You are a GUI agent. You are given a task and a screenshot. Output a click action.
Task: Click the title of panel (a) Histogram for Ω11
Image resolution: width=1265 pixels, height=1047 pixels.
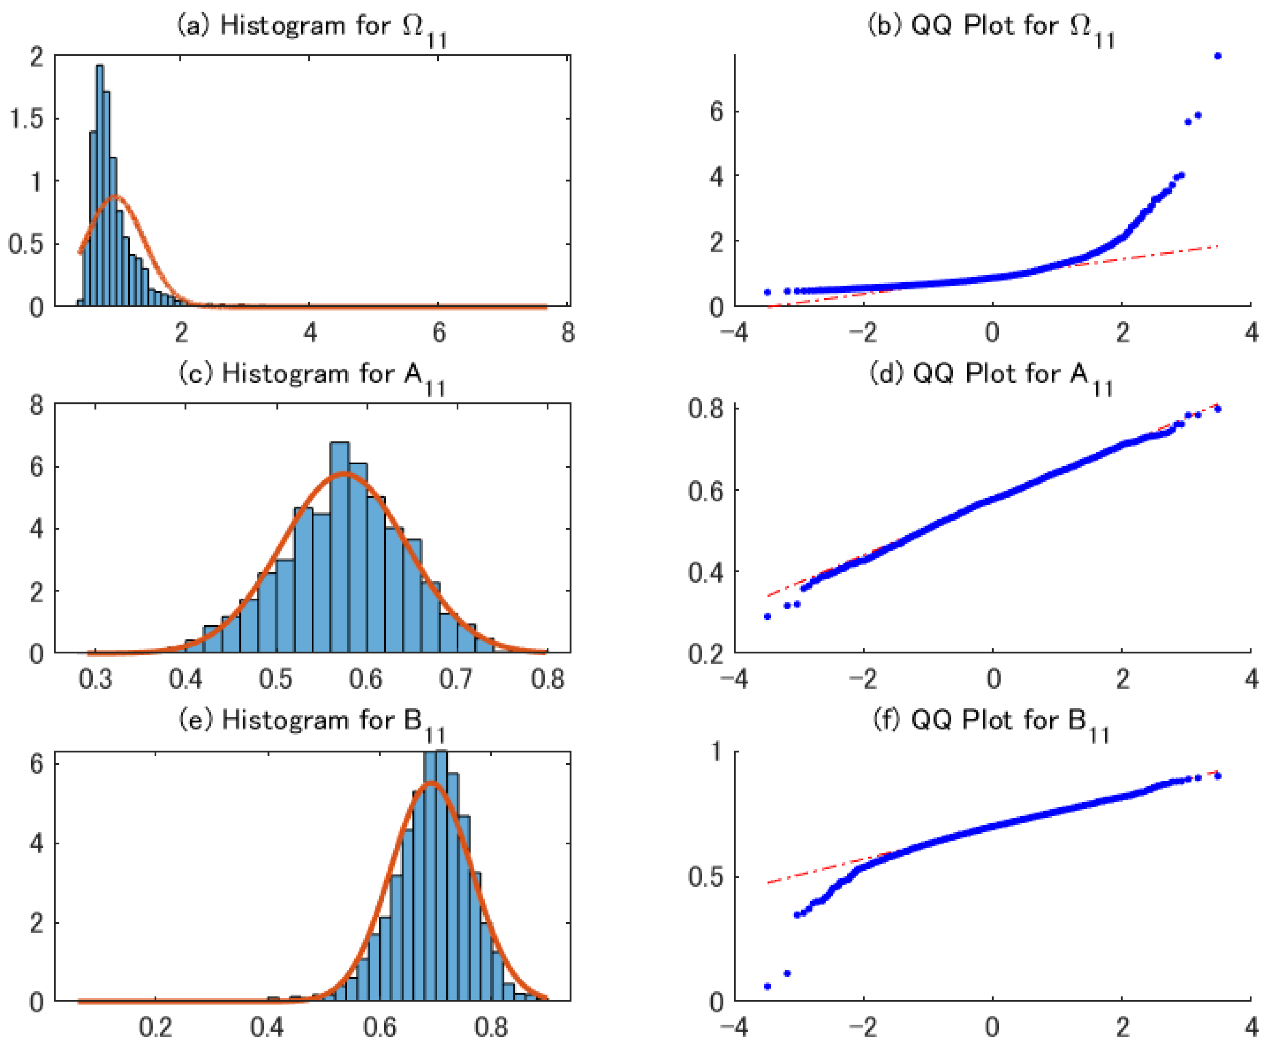(311, 27)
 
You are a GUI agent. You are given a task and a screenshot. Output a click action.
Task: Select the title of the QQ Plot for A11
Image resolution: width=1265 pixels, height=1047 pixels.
(991, 375)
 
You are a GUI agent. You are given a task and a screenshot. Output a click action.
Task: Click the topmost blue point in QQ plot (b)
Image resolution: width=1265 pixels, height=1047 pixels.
(1217, 56)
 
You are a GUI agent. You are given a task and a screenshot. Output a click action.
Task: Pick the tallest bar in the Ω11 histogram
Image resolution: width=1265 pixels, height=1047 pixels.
(100, 181)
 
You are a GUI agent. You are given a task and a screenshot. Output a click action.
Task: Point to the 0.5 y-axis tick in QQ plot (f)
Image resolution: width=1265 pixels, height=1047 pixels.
(706, 877)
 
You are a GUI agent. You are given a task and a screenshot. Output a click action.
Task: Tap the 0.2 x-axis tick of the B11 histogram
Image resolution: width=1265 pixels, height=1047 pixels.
(155, 1028)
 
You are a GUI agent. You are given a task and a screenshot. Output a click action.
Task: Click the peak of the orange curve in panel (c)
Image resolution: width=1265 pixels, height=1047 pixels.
(344, 474)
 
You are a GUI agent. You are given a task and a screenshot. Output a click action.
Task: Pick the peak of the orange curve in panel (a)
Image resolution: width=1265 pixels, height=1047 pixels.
(116, 196)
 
